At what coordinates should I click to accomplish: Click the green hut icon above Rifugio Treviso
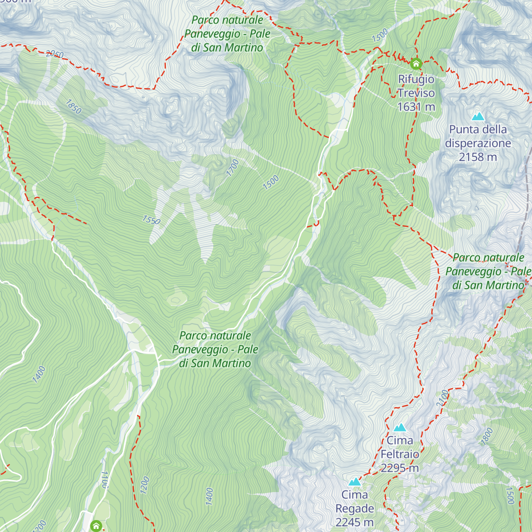click(416, 64)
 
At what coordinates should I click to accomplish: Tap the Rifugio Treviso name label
click(416, 86)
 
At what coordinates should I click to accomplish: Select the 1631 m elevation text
click(416, 107)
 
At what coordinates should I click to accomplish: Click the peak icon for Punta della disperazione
click(478, 117)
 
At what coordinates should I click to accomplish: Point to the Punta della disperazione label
click(478, 136)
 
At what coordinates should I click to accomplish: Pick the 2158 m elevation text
click(478, 157)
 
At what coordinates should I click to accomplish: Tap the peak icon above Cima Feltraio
click(400, 427)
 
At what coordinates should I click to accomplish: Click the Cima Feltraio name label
click(400, 447)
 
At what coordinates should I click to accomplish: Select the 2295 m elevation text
click(400, 468)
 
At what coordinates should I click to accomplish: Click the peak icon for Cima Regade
click(355, 481)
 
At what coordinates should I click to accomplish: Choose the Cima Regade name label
click(355, 501)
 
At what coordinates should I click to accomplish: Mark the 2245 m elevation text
click(355, 522)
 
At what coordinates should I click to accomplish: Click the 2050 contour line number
click(55, 54)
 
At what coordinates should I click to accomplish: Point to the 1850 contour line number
click(74, 106)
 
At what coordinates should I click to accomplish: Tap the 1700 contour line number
click(232, 168)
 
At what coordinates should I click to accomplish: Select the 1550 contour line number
click(151, 220)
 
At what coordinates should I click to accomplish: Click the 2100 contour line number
click(442, 399)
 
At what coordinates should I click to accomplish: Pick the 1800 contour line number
click(487, 436)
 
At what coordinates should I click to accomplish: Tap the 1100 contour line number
click(105, 479)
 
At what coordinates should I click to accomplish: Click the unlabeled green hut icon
click(96, 526)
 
